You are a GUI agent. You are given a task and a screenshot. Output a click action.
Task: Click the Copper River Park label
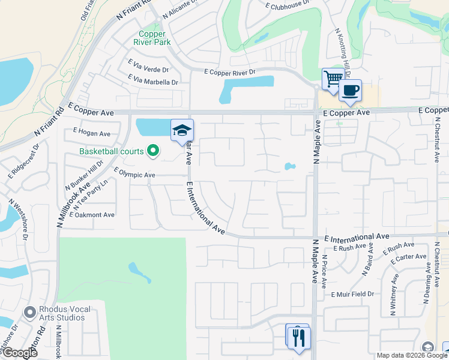click(x=155, y=38)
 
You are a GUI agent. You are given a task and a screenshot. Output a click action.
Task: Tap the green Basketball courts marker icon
click(x=153, y=151)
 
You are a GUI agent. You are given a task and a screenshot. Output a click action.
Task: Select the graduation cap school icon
click(x=182, y=131)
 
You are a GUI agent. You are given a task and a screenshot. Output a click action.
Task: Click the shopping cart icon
click(x=333, y=79)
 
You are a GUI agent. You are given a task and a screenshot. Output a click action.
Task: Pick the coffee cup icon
click(x=351, y=91)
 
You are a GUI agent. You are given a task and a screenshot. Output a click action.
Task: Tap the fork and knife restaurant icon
click(x=298, y=337)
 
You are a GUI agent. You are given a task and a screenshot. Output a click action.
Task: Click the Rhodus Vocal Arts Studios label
click(x=65, y=313)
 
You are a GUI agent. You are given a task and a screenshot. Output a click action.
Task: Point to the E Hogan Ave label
click(x=92, y=133)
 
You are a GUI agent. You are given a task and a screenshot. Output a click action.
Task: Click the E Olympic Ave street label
click(x=134, y=175)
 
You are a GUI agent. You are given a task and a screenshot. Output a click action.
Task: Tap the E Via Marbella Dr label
click(x=153, y=81)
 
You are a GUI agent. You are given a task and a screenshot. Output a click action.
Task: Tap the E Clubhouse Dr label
click(x=287, y=4)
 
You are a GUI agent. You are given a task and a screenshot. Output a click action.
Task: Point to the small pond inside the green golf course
click(x=139, y=272)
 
